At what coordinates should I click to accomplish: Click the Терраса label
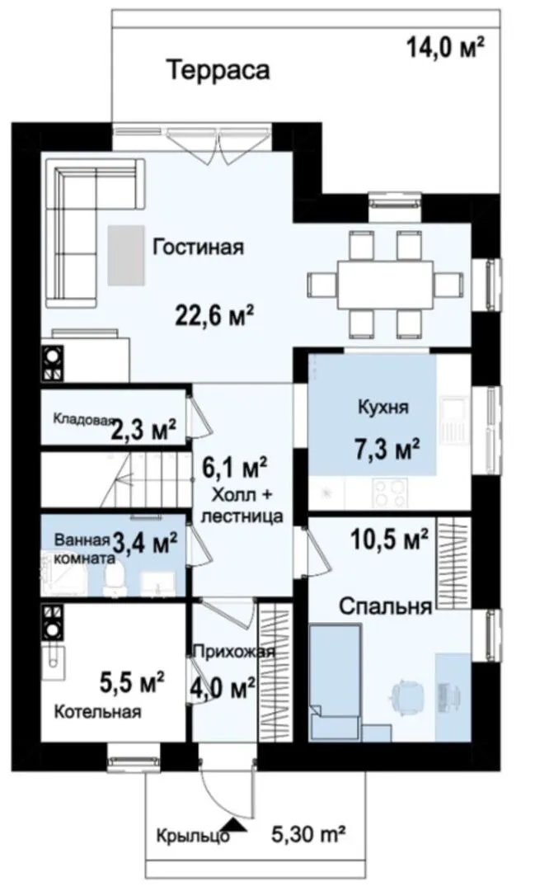218,70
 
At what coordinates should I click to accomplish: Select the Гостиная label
198,247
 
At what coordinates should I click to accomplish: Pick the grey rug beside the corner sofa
126,255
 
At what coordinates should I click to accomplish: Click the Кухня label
383,407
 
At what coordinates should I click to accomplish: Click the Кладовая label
83,419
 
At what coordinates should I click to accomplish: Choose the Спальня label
386,606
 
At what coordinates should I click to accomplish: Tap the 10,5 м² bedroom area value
389,540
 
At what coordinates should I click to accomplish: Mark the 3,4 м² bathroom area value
145,541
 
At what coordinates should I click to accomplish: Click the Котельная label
98,711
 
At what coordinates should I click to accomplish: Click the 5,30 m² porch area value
309,835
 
